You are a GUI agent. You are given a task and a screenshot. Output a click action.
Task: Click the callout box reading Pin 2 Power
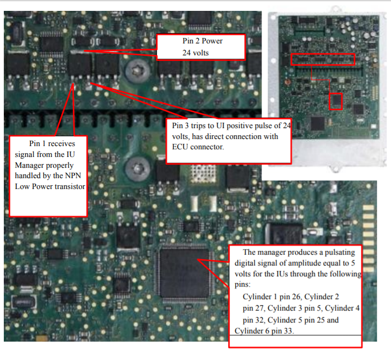pos(201,47)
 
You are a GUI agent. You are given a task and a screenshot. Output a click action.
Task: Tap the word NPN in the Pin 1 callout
pos(73,175)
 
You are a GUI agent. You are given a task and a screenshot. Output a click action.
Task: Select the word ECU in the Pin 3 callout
pos(180,147)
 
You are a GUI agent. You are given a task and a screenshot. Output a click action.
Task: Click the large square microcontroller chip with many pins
pos(184,273)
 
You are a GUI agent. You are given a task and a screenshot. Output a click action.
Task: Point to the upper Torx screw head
pos(137,71)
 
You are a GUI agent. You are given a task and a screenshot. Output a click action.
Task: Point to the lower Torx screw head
pos(137,169)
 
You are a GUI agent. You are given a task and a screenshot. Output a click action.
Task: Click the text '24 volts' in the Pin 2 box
pos(195,53)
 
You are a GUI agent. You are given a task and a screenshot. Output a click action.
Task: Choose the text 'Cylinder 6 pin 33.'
pos(264,331)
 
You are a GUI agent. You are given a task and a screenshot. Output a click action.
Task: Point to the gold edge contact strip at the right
pos(368,238)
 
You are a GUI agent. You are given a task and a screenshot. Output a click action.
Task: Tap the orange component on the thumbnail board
pos(287,82)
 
